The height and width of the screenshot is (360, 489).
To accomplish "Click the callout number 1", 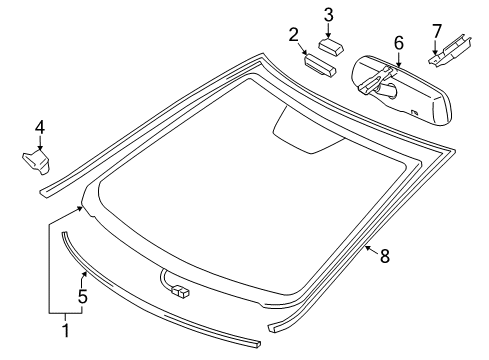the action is pyautogui.click(x=65, y=329).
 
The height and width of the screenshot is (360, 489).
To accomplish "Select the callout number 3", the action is pyautogui.click(x=328, y=14).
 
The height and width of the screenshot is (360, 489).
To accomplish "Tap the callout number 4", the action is pyautogui.click(x=39, y=127).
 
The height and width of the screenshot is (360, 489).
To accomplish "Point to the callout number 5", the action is pyautogui.click(x=83, y=296).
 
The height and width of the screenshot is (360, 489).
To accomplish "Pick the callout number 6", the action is pyautogui.click(x=398, y=44).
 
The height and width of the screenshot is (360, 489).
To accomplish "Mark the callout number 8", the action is pyautogui.click(x=384, y=256).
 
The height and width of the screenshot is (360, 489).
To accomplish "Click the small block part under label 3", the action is pyautogui.click(x=331, y=45).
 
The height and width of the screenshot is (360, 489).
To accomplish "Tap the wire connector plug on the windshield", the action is pyautogui.click(x=181, y=291).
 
